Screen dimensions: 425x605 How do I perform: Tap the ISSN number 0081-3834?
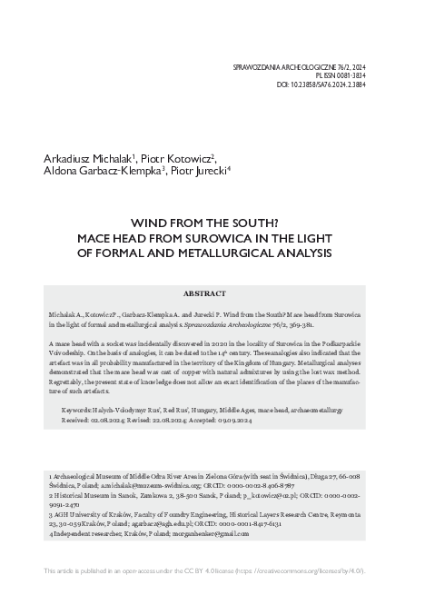point(350,76)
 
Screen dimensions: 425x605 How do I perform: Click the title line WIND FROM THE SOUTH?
point(212,222)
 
